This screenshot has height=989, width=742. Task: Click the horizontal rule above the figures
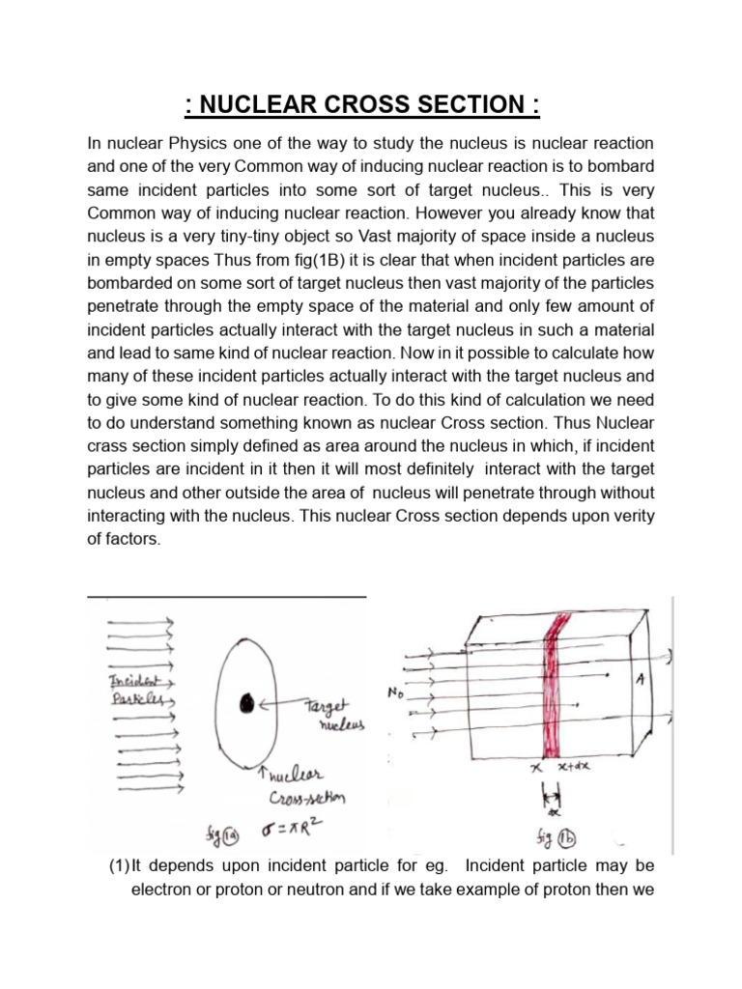click(227, 597)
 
